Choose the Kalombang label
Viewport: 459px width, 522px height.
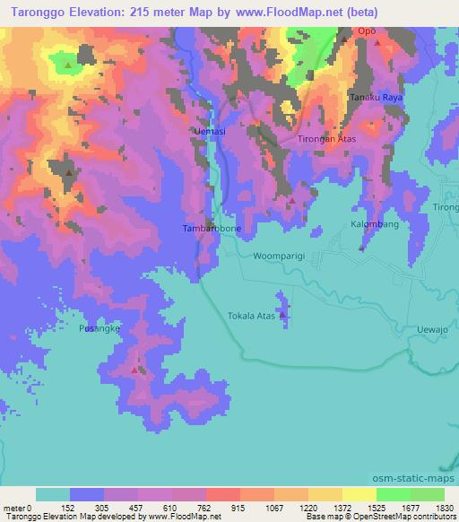tap(375, 223)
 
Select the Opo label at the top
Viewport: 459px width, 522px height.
tap(367, 30)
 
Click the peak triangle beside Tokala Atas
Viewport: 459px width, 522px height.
tap(283, 315)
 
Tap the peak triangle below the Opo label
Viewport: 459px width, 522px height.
tap(377, 42)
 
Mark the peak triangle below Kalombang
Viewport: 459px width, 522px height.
tap(360, 248)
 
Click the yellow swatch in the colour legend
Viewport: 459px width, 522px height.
tap(359, 494)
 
